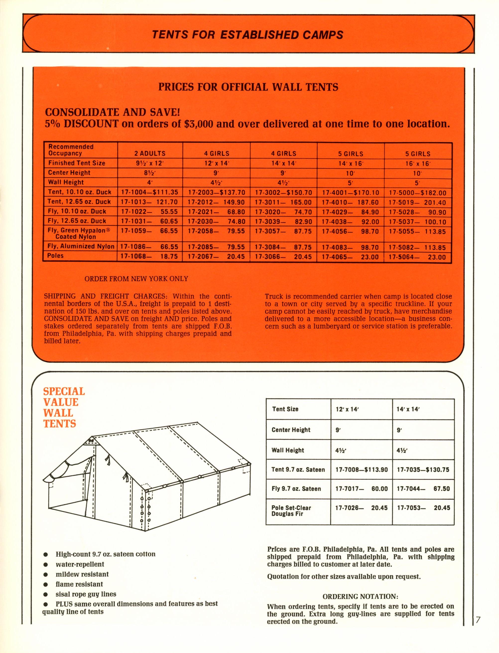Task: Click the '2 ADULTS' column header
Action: coord(150,153)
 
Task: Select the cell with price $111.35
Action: coord(150,192)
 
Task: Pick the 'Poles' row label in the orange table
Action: coord(56,256)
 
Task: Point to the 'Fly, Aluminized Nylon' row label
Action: coord(81,246)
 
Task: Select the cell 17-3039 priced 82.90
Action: coord(283,222)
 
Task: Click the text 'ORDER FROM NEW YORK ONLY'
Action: coord(136,279)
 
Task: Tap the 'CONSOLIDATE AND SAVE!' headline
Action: coord(112,112)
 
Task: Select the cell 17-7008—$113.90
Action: coord(361,470)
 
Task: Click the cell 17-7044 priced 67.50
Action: coord(423,489)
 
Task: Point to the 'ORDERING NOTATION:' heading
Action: coord(360,596)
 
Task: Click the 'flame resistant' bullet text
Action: coord(79,584)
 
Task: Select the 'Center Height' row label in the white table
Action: coord(291,430)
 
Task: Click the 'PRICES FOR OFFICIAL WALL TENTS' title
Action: coord(248,87)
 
